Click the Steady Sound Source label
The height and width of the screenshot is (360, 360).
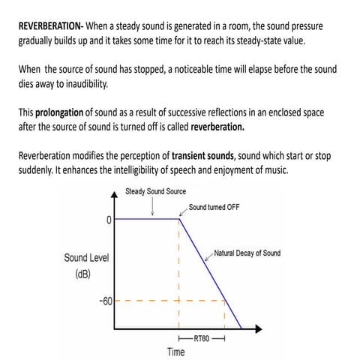point(155,191)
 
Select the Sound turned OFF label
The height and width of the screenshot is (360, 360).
point(216,206)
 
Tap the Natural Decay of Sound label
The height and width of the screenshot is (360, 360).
point(247,253)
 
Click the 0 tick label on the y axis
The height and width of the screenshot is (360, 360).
point(109,219)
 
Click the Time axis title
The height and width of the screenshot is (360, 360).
point(176,352)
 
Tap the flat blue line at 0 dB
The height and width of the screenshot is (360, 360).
point(146,219)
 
